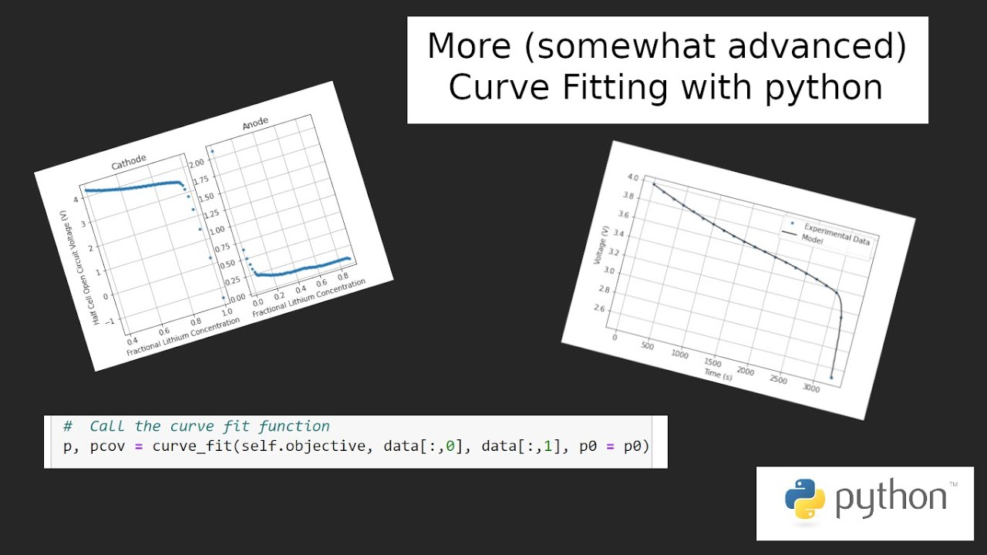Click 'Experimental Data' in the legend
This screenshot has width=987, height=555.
click(837, 234)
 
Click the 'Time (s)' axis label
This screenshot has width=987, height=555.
click(717, 374)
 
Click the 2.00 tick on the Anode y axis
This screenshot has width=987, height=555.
click(197, 163)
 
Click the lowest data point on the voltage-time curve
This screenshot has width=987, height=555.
click(831, 377)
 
